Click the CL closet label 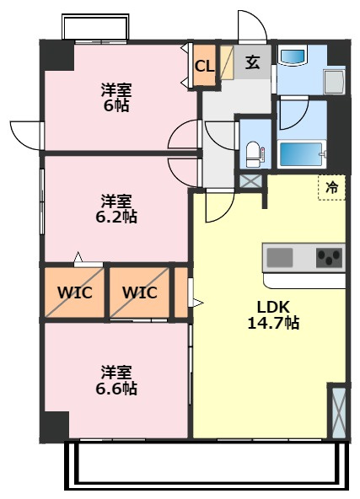point(204,67)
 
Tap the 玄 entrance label point(252,62)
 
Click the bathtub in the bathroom point(301,154)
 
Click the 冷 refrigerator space point(331,188)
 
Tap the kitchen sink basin point(280,257)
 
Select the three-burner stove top point(329,257)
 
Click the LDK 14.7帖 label point(273,315)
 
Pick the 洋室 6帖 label point(116,98)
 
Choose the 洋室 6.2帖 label point(116,209)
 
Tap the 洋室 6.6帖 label point(116,380)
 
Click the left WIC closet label point(75,292)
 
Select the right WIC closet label point(140,292)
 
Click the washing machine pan point(334,82)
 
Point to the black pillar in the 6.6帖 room point(54,427)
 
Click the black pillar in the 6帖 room point(56,56)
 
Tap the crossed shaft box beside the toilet point(250,182)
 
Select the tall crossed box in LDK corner point(338,413)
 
